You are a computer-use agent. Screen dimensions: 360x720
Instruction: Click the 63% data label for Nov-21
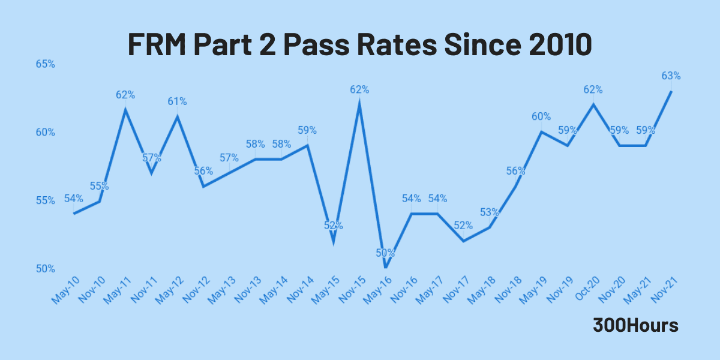671,76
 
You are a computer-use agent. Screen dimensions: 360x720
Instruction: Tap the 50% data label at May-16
385,253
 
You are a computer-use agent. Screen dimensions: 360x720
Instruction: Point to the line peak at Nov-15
359,103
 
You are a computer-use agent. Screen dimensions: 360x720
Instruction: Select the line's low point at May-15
333,242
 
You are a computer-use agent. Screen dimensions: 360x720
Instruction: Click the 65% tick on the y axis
45,64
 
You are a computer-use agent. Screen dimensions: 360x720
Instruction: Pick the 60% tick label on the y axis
45,132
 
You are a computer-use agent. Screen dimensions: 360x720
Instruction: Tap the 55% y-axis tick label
45,200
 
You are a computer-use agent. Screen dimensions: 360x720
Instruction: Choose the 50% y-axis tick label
45,268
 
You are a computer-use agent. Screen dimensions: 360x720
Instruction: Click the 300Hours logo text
636,325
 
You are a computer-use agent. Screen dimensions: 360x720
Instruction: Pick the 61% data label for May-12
177,101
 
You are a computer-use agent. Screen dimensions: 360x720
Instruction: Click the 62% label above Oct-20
593,90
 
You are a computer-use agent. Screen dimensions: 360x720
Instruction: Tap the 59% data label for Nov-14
307,130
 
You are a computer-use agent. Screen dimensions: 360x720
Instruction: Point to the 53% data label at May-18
490,212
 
